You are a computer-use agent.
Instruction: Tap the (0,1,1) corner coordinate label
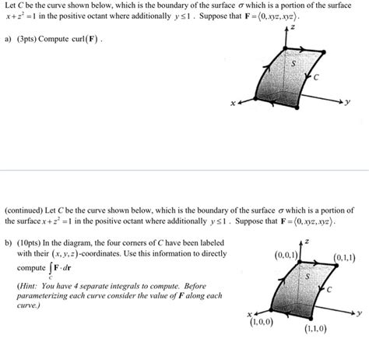click(344, 258)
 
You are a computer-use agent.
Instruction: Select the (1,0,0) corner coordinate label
click(259, 323)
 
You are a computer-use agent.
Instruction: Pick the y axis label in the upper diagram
click(348, 101)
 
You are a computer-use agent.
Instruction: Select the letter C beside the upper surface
click(317, 77)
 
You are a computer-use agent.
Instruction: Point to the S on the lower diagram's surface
click(307, 276)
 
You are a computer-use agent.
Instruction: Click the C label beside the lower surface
click(330, 289)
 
